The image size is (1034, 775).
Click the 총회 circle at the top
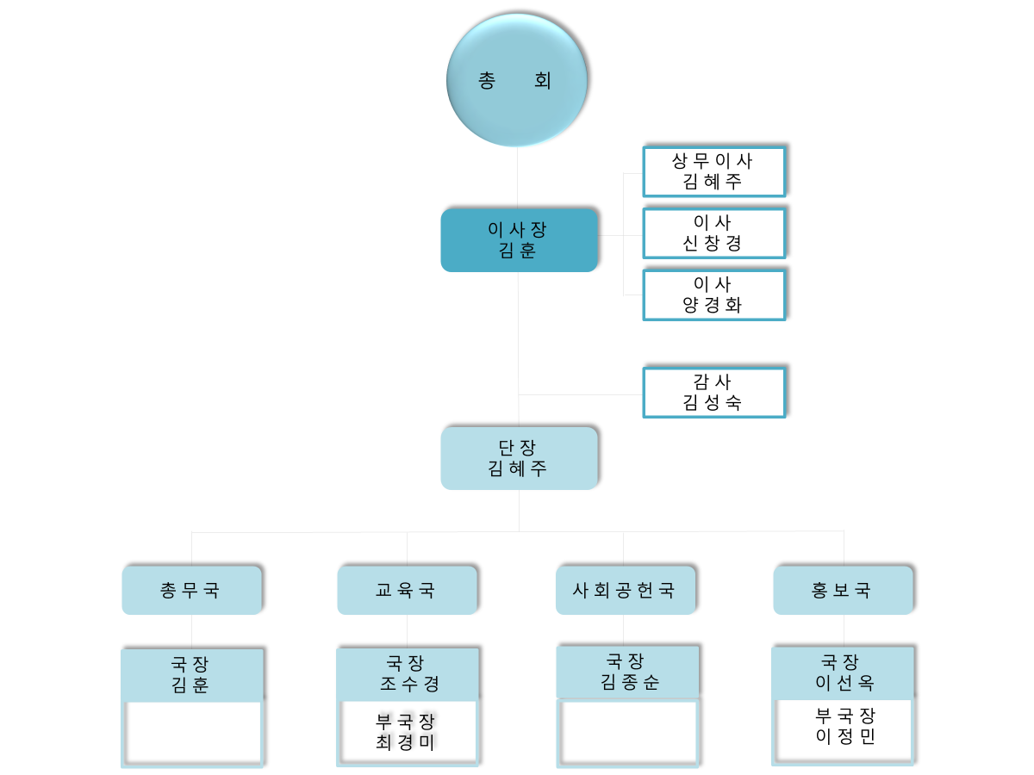517,80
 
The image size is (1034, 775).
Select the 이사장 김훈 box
519,240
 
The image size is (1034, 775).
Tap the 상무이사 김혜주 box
713,171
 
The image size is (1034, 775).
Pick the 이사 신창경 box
713,233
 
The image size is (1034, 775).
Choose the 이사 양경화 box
713,295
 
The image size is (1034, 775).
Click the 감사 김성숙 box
713,393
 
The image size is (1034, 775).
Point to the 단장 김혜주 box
519,458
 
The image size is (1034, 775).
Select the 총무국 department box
191,590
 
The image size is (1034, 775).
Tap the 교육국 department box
407,590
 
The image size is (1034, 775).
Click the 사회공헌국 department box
624,590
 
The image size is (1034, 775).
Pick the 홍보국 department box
843,590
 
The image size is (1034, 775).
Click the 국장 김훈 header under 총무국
191,675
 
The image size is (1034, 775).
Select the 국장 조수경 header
407,674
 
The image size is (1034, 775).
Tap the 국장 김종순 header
627,673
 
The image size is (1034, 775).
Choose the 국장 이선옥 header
842,673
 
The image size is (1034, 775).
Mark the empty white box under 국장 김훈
193,733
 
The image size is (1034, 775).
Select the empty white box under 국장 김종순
628,733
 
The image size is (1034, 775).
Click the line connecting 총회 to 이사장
517,177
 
